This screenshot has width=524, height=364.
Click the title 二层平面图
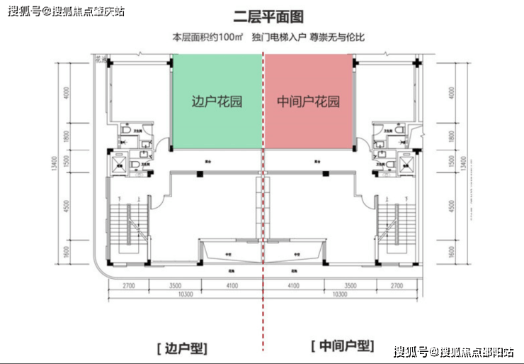pyautogui.click(x=262, y=16)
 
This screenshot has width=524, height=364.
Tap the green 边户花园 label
pyautogui.click(x=217, y=102)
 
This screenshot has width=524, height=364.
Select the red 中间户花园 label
pyautogui.click(x=308, y=102)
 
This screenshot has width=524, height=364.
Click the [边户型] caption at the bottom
pyautogui.click(x=181, y=348)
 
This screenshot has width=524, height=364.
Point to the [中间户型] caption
pyautogui.click(x=342, y=346)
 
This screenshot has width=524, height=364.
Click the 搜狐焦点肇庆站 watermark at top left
pyautogui.click(x=63, y=11)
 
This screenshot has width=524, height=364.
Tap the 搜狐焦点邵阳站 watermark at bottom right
pyautogui.click(x=454, y=352)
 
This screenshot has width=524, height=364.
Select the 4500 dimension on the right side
pyautogui.click(x=451, y=207)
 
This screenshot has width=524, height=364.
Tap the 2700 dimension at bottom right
pyautogui.click(x=397, y=285)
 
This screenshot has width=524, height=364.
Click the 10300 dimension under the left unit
pyautogui.click(x=186, y=294)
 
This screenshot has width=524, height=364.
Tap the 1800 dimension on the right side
pyautogui.click(x=451, y=136)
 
